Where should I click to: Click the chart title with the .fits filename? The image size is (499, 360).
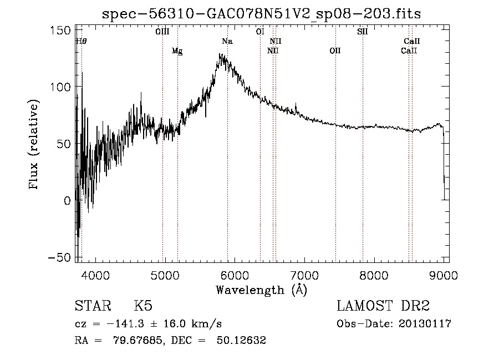coord(261,14)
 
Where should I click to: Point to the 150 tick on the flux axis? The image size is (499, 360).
coord(60,31)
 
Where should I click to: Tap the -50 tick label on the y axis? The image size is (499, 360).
coord(59,257)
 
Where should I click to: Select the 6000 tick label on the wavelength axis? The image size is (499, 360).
coord(235,275)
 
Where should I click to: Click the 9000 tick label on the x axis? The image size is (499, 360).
coord(444,275)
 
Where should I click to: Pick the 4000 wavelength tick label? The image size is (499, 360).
coord(95,275)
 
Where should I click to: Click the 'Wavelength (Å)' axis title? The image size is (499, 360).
coord(261,290)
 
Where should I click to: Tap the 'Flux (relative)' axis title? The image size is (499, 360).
coord(33,144)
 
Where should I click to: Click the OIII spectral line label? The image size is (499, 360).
coord(162,32)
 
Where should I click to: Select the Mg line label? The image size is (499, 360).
coord(177,51)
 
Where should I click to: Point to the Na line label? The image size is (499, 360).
coord(227,41)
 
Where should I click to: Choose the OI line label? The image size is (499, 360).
coord(260,32)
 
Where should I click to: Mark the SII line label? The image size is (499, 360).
coord(363,32)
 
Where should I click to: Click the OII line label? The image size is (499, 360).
coord(335,51)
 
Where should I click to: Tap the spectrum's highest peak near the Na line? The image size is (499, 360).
coord(220,54)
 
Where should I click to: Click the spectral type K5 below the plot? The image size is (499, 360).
coord(143,306)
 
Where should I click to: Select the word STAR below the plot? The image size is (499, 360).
coord(93,306)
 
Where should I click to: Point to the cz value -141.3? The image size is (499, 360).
coord(125,324)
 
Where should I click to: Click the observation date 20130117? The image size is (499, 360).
coord(425,324)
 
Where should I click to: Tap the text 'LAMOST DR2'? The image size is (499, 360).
coord(383,306)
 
